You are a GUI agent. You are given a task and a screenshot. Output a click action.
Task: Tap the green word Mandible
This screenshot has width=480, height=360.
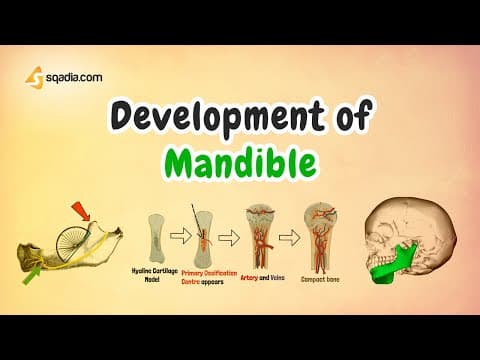pos(240,160)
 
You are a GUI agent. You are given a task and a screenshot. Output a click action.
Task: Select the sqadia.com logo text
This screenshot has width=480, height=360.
pos(73,75)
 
